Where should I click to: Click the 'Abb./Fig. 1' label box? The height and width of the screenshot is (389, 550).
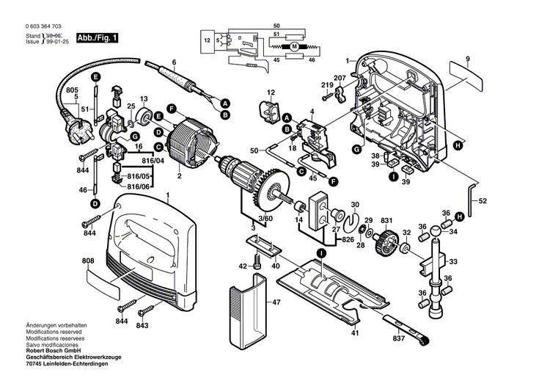tap(97, 37)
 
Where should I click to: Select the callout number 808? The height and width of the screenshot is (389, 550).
tap(88, 261)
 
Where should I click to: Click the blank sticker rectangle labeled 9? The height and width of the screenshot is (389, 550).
tap(466, 73)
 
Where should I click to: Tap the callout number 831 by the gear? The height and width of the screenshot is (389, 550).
tap(386, 220)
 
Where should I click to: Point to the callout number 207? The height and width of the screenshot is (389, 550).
tap(340, 78)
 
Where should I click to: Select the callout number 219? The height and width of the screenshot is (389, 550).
tap(326, 86)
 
